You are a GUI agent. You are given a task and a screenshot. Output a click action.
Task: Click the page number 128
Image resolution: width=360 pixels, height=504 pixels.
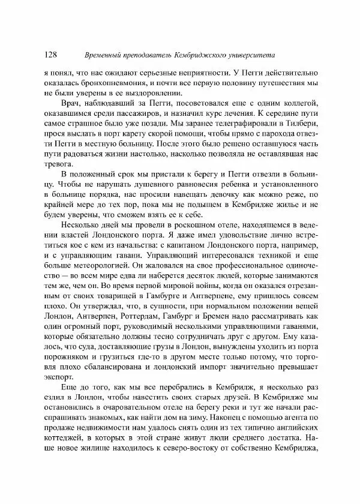point(51,55)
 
